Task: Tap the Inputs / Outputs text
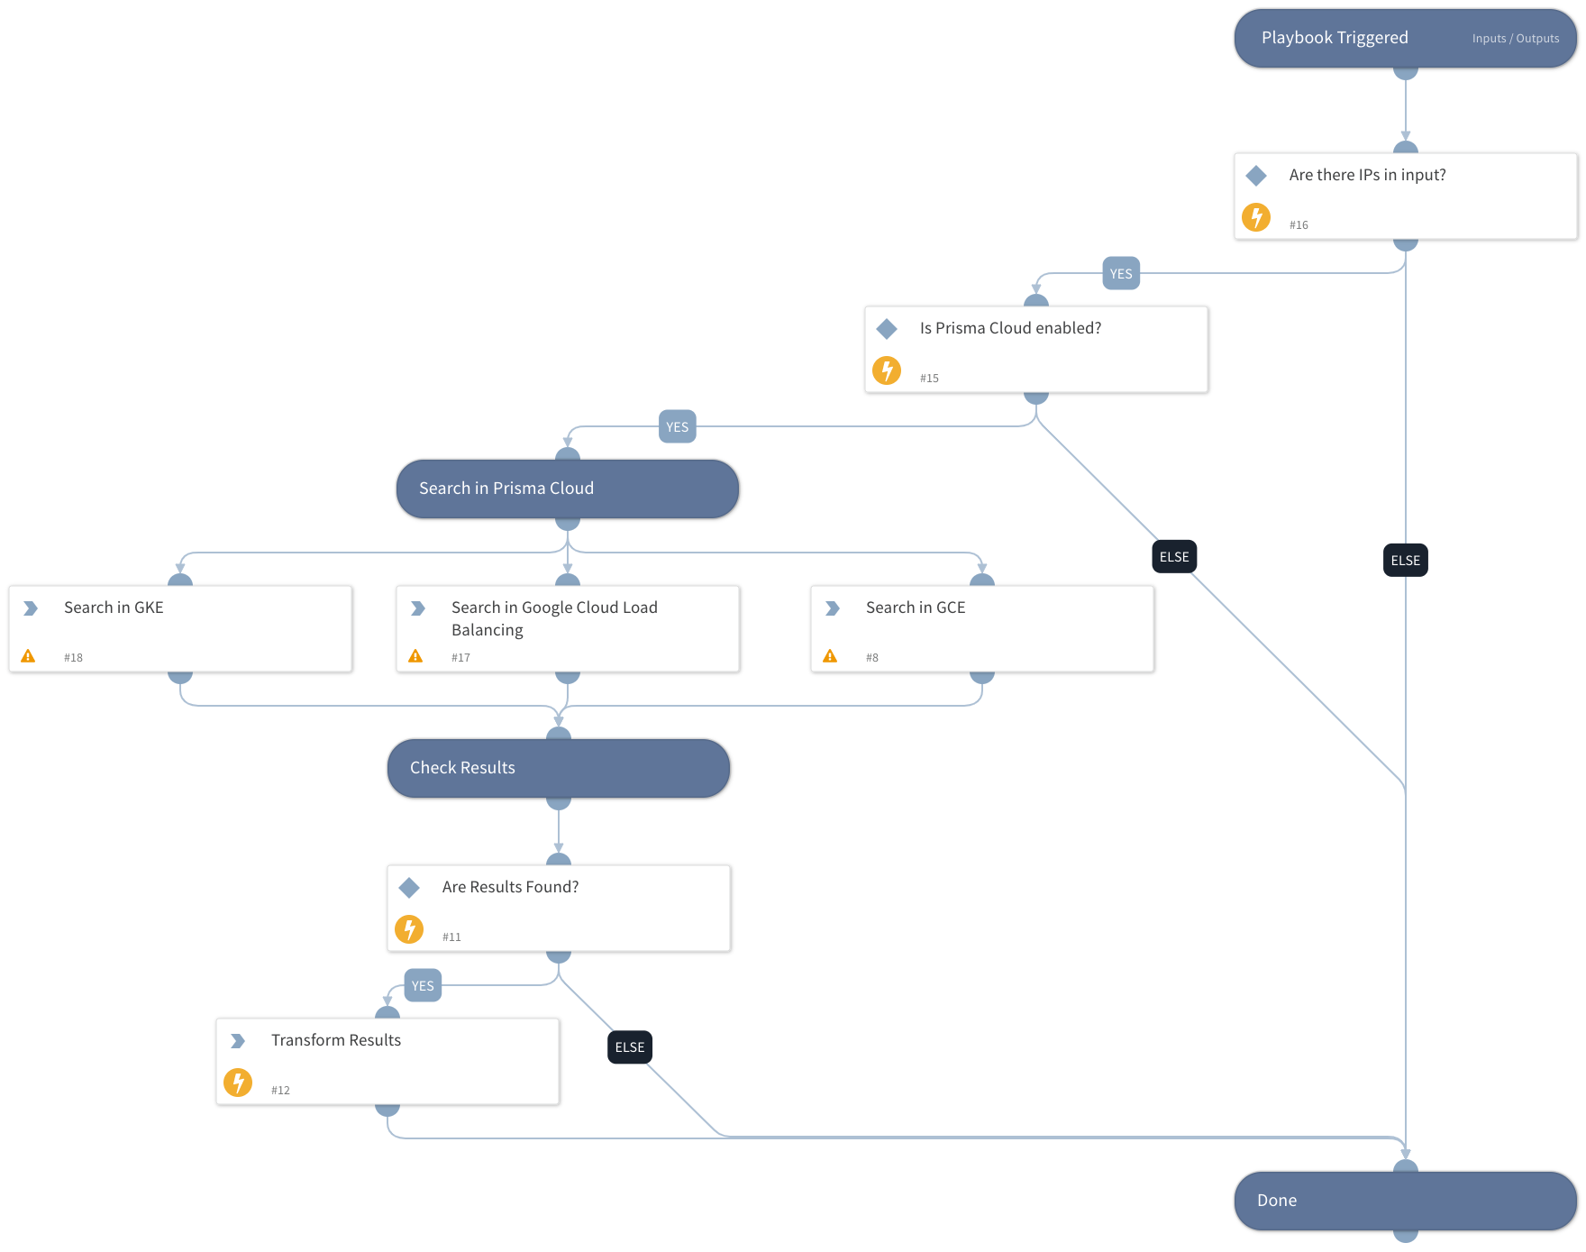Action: (1515, 39)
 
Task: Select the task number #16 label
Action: (1298, 225)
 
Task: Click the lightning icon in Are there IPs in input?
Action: (1255, 217)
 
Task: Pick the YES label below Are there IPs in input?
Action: (1121, 274)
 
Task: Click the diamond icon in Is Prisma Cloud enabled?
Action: (887, 329)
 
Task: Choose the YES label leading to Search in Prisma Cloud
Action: (677, 427)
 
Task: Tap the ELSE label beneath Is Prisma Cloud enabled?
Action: (1173, 557)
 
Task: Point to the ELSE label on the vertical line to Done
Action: (1405, 561)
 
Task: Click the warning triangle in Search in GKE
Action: (28, 656)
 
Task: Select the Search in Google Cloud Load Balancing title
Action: (553, 618)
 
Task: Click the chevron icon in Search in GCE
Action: (833, 608)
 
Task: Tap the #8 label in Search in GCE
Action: (871, 658)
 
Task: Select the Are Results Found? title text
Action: (510, 887)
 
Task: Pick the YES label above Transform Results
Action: (422, 986)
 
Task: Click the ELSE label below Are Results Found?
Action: (629, 1047)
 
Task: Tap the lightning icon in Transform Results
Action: (238, 1082)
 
